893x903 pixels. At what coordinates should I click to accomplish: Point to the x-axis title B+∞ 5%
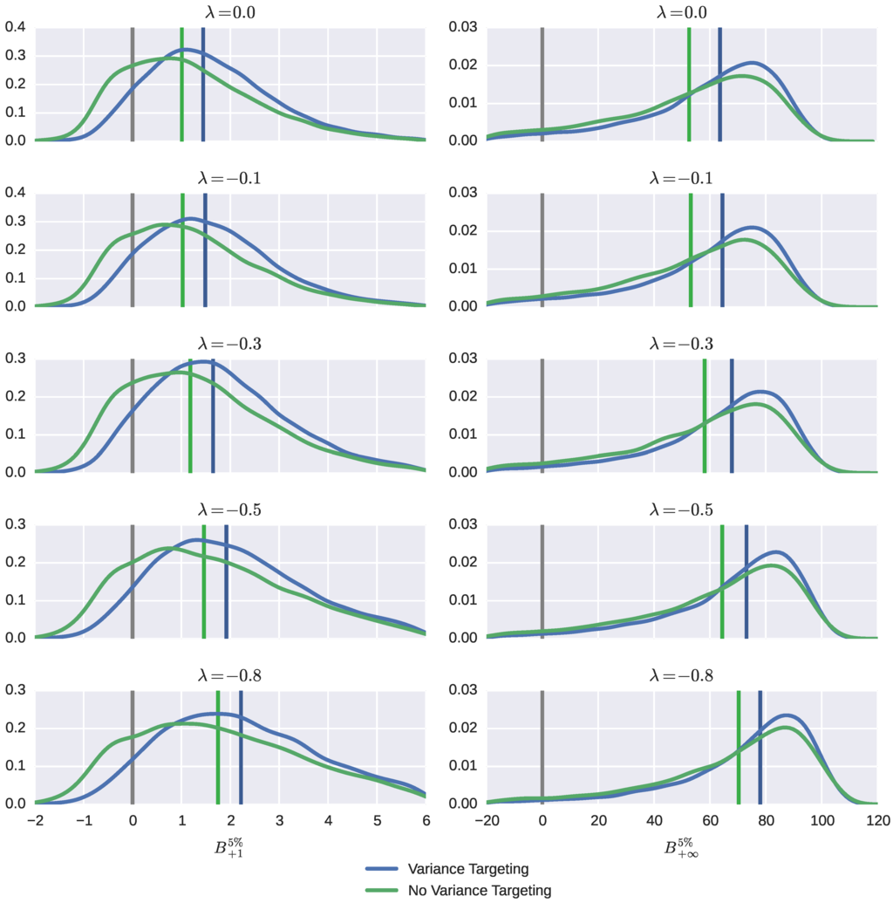pos(682,848)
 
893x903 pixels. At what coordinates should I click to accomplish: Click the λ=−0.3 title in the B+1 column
pos(230,344)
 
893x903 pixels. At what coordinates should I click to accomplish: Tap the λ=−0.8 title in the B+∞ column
pos(682,675)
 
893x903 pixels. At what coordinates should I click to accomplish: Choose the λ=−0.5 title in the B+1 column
pos(230,510)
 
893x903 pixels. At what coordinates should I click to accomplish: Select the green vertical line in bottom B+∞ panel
pos(738,747)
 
